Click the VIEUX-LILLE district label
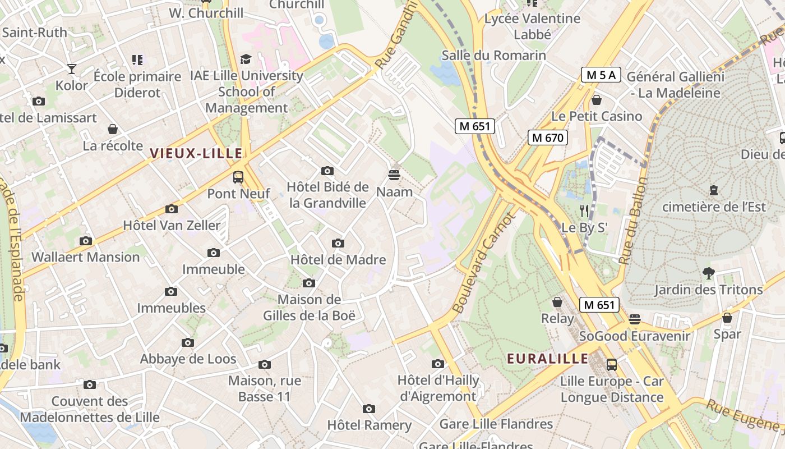click(196, 153)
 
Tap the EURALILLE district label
click(547, 359)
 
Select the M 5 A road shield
click(601, 75)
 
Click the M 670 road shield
click(548, 138)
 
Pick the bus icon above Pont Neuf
click(238, 177)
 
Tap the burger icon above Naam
click(394, 175)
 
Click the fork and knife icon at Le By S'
click(584, 211)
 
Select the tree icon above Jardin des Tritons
click(708, 273)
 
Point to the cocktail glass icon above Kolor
click(72, 69)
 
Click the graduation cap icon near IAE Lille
click(246, 59)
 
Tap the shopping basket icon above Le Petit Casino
click(597, 100)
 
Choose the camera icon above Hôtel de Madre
click(338, 243)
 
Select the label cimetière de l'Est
click(714, 207)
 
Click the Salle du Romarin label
click(493, 55)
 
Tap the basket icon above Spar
click(727, 318)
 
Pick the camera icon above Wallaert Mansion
click(85, 241)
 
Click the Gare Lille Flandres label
click(496, 424)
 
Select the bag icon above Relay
click(557, 302)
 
